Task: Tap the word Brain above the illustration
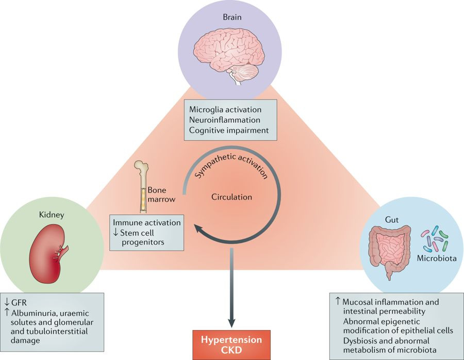coord(232,17)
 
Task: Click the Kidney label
coord(52,215)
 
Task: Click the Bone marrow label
coord(161,194)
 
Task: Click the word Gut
coord(392,220)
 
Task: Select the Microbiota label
coord(437,258)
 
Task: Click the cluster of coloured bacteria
coord(435,239)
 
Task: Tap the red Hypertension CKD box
coord(231,345)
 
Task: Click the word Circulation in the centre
coord(231,197)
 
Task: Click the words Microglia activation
coord(225,109)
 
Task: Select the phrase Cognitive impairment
coord(229,130)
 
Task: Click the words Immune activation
coord(147,223)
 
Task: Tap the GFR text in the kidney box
coord(19,303)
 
